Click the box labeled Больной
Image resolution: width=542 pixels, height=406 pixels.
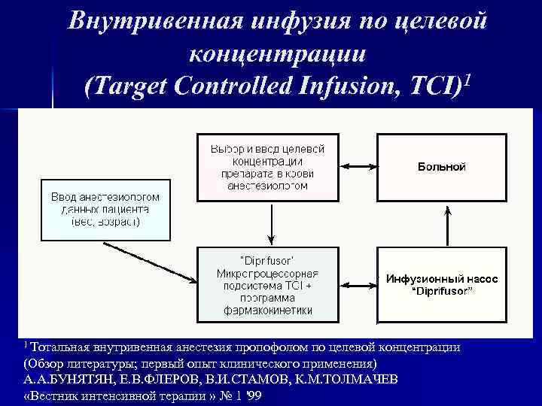pos(442,166)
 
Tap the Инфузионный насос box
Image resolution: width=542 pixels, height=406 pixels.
pos(442,285)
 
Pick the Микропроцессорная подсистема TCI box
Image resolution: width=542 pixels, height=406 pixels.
pos(268,285)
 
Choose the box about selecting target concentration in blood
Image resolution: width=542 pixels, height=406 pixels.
pos(268,166)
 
